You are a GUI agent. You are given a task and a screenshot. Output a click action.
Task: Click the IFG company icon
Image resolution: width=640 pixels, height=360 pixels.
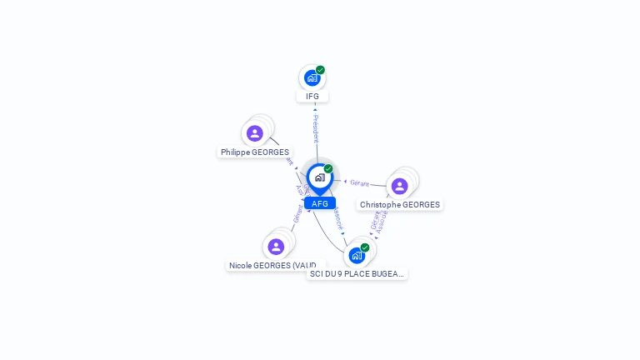[312, 78]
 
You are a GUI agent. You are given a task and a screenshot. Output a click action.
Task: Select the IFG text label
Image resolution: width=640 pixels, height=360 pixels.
[312, 97]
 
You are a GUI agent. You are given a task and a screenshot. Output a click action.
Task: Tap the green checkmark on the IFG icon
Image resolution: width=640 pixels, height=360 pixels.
[320, 71]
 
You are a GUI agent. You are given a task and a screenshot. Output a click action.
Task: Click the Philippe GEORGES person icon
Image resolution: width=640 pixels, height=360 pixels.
[255, 133]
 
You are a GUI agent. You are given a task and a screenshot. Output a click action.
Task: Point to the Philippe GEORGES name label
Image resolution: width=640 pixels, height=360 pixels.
[255, 152]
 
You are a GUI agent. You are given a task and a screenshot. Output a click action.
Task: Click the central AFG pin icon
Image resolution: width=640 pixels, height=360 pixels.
[319, 177]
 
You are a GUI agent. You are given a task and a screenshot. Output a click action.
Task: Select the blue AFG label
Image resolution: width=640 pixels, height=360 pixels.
[320, 203]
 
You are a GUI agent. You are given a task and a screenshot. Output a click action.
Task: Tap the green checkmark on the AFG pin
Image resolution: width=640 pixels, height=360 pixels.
[328, 169]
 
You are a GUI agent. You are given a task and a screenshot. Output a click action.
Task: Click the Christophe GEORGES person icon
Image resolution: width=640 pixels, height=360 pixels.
[399, 186]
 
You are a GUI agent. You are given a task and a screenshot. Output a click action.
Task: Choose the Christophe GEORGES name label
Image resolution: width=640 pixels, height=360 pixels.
[400, 205]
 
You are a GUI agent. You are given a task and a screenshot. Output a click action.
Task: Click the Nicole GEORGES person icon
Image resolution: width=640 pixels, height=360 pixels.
[276, 247]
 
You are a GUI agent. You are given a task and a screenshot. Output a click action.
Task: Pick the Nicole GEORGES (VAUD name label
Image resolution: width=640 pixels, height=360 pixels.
[272, 266]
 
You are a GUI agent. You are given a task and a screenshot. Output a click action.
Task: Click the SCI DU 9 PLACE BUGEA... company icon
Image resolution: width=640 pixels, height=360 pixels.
[357, 255]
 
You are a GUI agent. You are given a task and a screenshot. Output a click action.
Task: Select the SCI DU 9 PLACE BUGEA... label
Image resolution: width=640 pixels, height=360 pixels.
[357, 273]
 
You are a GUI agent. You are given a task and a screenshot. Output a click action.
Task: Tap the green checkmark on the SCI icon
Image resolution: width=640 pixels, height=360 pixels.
[365, 247]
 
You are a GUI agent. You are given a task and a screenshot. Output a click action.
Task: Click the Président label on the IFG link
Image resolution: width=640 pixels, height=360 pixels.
[315, 127]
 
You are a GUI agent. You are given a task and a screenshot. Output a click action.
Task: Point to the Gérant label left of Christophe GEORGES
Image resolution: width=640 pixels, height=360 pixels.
[360, 182]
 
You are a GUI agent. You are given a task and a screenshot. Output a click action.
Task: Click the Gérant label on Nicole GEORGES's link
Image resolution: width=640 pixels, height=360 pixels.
[297, 214]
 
